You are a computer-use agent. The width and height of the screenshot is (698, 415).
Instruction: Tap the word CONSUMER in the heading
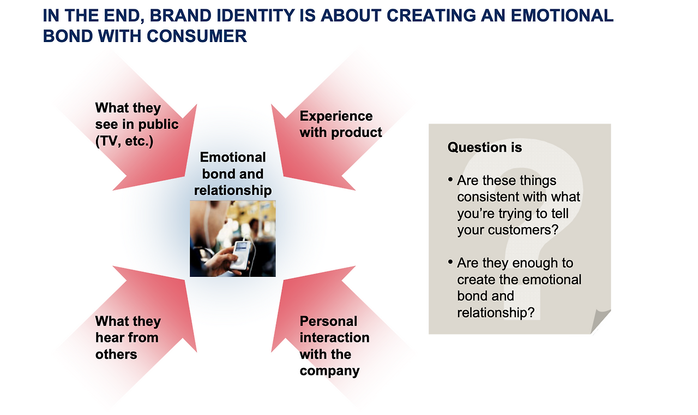(x=197, y=36)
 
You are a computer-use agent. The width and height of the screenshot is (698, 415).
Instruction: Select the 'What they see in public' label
(x=137, y=124)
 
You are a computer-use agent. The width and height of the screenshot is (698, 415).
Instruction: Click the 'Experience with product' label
(x=341, y=124)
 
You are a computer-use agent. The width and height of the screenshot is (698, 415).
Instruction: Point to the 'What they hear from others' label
(x=128, y=337)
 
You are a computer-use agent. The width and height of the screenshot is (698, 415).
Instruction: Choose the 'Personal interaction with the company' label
(x=334, y=346)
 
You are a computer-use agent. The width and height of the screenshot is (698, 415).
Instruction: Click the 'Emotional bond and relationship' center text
(x=233, y=174)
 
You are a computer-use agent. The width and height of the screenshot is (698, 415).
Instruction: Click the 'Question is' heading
(x=485, y=147)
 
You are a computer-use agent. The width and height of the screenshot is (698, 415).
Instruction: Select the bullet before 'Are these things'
(x=450, y=180)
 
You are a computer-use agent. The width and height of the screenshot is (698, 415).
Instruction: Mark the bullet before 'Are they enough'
(x=450, y=262)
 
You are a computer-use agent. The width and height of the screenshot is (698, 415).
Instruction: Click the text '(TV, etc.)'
(x=124, y=141)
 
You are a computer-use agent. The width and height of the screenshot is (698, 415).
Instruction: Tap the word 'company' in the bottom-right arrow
(x=329, y=371)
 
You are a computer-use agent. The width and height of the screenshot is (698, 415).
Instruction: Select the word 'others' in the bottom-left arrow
(x=116, y=354)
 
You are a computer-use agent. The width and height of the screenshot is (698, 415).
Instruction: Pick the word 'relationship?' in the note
(x=496, y=313)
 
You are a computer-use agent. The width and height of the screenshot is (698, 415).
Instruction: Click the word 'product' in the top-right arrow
(x=357, y=133)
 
